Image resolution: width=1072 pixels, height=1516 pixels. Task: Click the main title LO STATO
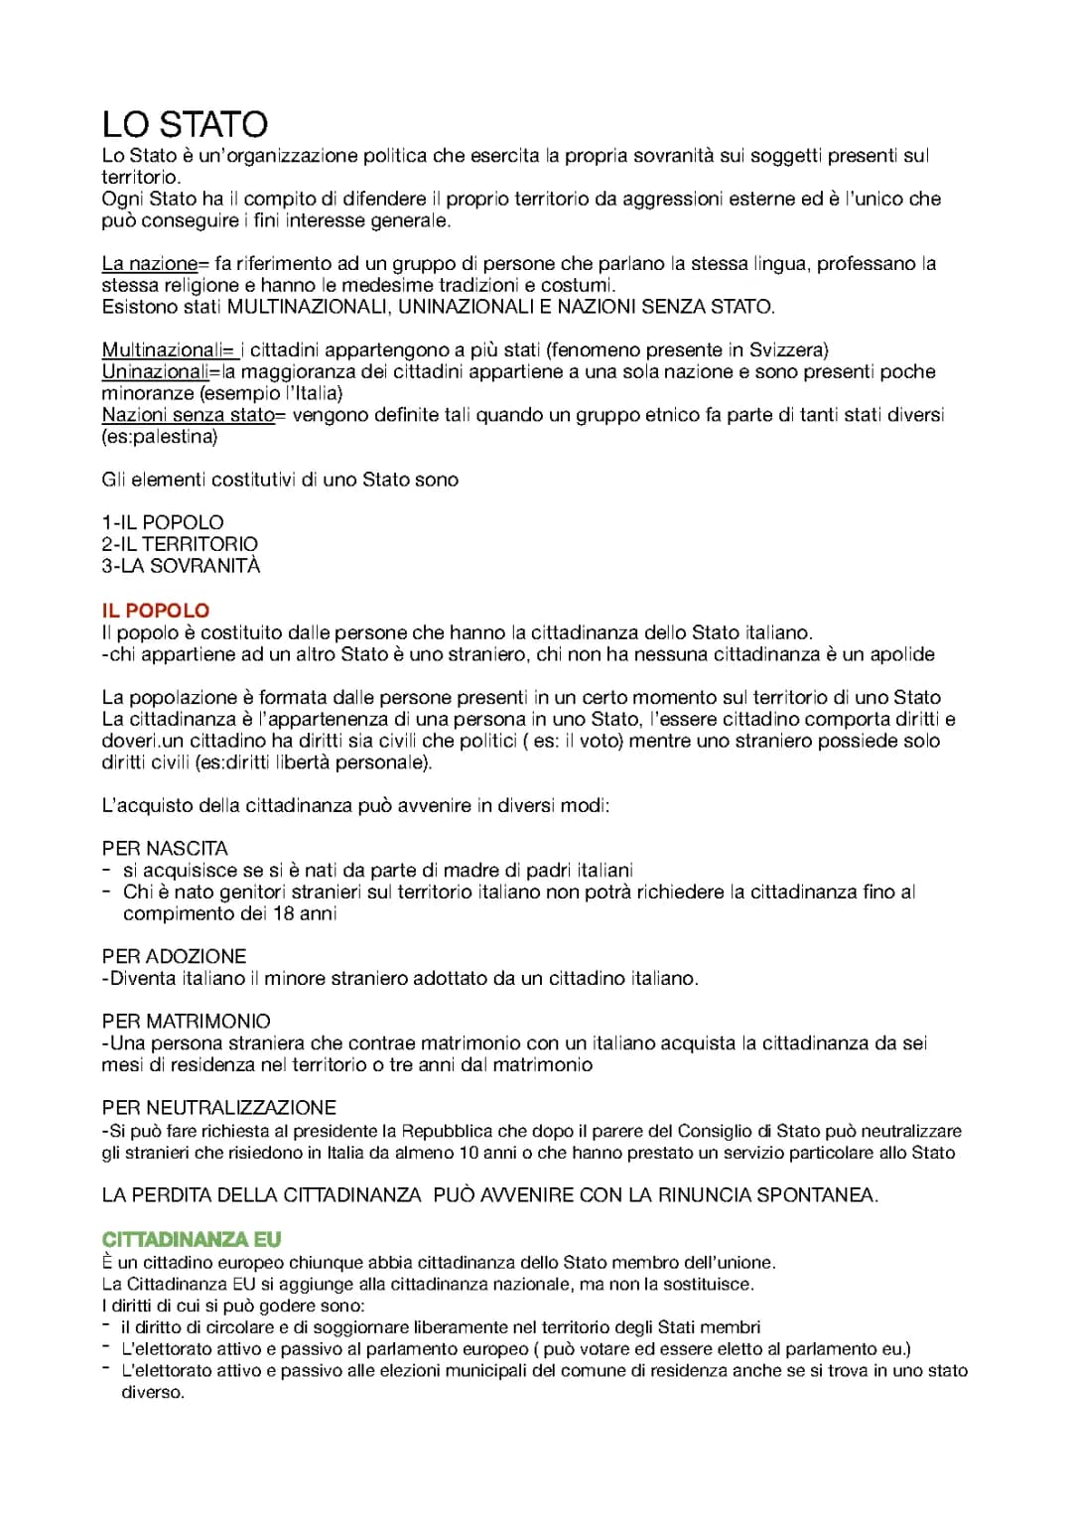(185, 125)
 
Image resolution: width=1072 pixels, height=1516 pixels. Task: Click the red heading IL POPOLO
(156, 611)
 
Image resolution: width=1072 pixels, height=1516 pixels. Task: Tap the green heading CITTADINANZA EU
(192, 1239)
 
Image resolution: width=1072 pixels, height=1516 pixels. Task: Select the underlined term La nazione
(150, 264)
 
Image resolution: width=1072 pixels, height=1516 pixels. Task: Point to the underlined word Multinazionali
(165, 350)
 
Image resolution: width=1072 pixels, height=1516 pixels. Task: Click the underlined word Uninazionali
(155, 372)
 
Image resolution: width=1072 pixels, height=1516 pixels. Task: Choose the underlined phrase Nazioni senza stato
(188, 415)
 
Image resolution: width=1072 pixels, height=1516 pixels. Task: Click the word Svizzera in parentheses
(786, 350)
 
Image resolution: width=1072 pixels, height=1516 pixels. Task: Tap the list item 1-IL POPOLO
(163, 522)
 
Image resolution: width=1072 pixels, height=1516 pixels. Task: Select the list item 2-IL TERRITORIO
(180, 544)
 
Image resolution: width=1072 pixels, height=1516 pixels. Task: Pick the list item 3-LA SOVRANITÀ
(181, 566)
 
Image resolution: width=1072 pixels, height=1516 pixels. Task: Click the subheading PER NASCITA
(165, 849)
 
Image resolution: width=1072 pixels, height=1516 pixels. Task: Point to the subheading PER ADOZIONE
(174, 956)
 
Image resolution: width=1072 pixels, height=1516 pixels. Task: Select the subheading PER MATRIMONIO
(186, 1022)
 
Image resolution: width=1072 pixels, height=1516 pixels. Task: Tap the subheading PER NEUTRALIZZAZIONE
(218, 1108)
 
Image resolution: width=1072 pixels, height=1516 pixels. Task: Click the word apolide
(901, 654)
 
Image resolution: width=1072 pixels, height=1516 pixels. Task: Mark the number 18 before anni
(283, 913)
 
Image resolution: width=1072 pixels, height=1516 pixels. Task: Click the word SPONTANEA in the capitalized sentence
(816, 1195)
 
